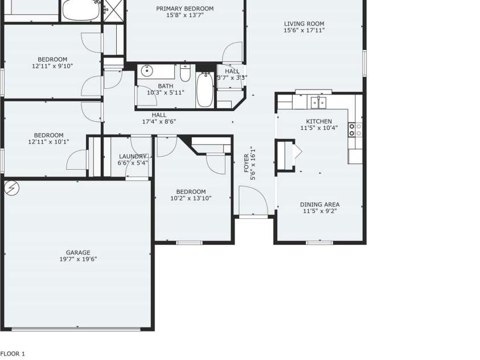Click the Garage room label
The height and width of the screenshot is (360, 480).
pos(78,252)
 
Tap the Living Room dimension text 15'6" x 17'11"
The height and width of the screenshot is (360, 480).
pos(304,30)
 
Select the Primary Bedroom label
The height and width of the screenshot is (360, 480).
pos(185,9)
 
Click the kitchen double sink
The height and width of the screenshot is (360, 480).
pos(319,103)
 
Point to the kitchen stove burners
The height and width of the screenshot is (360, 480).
pos(355,130)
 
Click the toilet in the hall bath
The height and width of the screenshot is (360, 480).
pos(185,73)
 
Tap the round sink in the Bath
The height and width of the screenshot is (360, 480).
pos(147,71)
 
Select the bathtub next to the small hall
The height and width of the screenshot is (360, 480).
pos(205,89)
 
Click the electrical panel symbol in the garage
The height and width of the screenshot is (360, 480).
pos(12,188)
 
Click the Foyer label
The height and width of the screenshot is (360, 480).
pos(247,163)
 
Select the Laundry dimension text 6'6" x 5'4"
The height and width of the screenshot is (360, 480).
pos(133,163)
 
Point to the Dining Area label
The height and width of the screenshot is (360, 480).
pos(319,204)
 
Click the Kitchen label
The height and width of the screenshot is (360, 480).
pos(319,121)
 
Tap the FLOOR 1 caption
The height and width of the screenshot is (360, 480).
pos(13,354)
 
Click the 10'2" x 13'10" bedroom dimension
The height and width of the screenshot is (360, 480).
pos(191,198)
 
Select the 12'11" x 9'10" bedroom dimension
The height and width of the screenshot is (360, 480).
pos(52,66)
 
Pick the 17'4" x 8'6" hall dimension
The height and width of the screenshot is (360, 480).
pos(159,121)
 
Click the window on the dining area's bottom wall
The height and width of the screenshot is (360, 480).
pos(319,243)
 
